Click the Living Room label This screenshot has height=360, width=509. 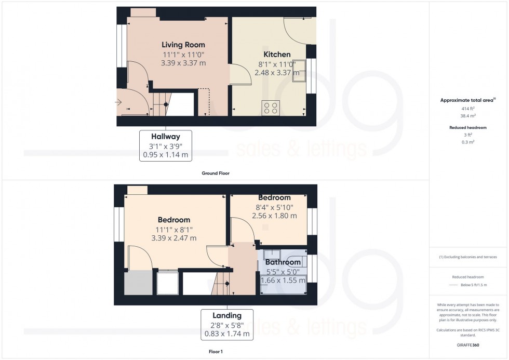(183, 45)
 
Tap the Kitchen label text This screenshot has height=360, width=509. (277, 54)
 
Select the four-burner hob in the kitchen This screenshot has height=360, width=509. (271, 108)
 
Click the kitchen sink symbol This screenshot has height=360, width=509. (299, 71)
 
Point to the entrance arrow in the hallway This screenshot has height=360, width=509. (118, 102)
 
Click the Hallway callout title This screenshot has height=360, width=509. (166, 136)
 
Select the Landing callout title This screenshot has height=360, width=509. (227, 315)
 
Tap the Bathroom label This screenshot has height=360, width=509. (283, 262)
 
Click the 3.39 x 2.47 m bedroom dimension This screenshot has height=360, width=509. (174, 238)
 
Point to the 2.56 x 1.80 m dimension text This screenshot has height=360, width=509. (275, 216)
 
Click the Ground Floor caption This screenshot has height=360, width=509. (216, 173)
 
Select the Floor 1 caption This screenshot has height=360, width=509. (216, 351)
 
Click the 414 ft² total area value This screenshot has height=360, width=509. (468, 109)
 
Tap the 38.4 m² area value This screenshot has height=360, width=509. (468, 115)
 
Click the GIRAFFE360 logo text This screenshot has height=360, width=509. (468, 345)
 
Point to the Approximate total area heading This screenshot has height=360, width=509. (468, 100)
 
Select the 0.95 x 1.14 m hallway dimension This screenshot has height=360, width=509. (166, 155)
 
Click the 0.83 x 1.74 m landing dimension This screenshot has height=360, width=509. (227, 334)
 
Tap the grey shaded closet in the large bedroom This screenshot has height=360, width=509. (138, 283)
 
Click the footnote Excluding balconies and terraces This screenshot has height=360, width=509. (468, 257)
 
